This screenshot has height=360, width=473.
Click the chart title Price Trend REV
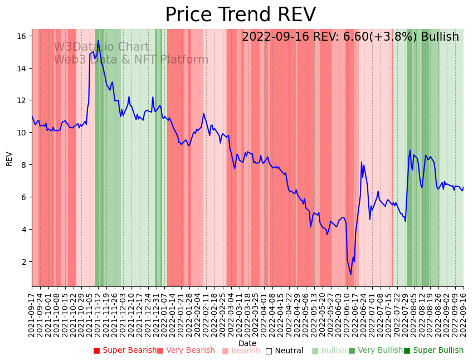240,15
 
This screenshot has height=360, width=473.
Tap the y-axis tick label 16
22,36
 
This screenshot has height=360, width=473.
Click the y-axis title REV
9,158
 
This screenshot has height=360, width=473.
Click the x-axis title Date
247,343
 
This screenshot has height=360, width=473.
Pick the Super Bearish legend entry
125,351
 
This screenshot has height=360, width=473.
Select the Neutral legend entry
284,351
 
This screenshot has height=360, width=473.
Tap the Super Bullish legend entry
433,351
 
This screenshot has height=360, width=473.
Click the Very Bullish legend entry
376,351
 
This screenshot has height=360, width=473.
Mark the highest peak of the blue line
98,40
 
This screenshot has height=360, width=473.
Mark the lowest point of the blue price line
351,274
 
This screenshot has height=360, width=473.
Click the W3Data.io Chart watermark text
101,47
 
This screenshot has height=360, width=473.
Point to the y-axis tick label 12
22,100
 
